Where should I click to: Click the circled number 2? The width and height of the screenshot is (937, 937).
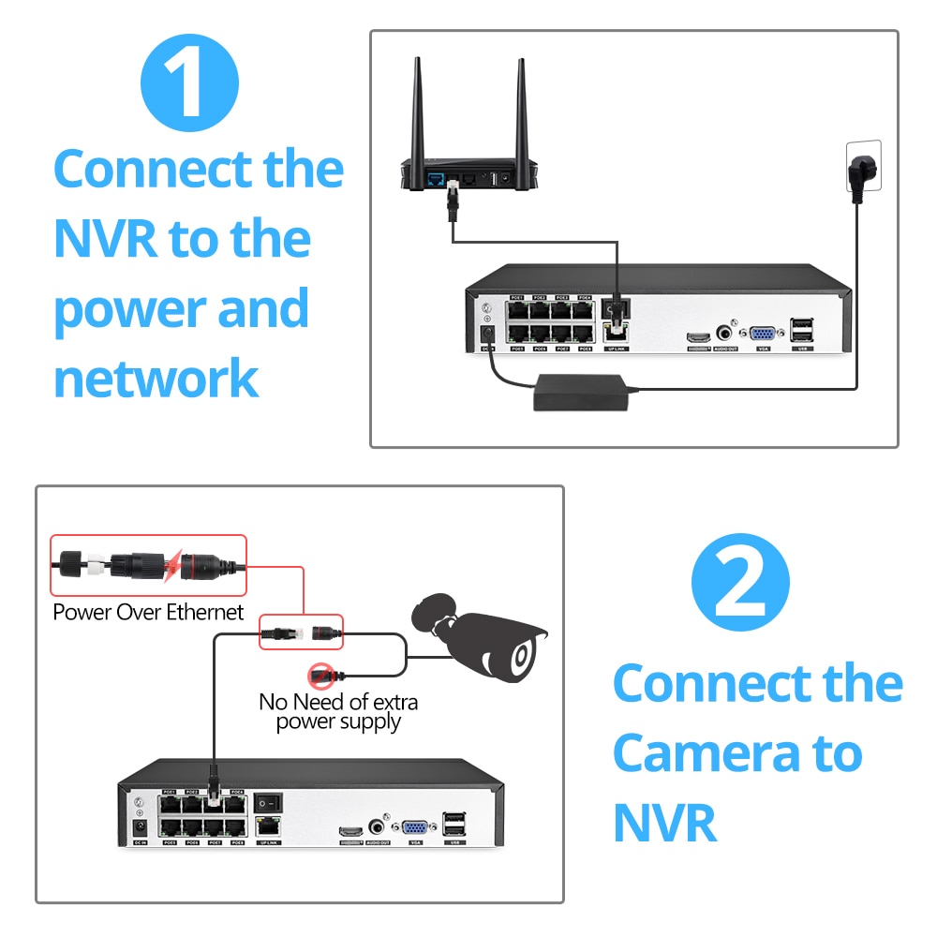pos(740,582)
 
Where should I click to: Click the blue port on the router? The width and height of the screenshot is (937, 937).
pos(436,176)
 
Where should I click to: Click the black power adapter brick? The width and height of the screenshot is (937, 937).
pos(581,390)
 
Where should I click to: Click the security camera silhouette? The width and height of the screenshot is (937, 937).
pos(483,636)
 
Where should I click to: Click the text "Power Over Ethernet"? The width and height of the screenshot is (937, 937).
pos(148,613)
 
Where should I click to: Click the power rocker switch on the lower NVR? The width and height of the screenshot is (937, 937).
pos(271,802)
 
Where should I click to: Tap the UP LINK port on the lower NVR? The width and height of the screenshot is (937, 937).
pos(270,827)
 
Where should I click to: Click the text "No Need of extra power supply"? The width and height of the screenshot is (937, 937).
pos(338,711)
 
